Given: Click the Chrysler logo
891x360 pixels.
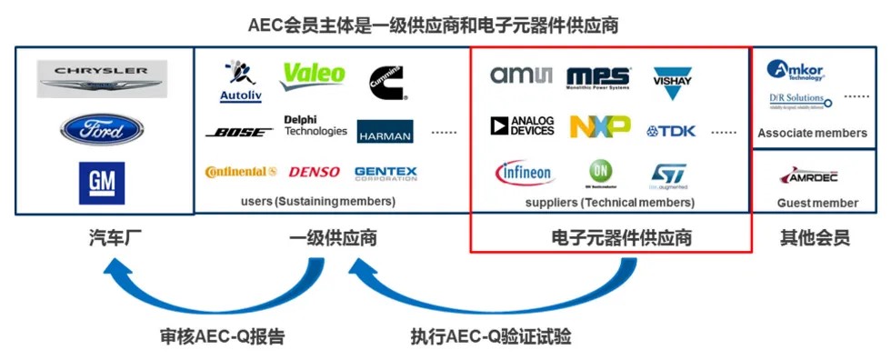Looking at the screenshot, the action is point(102,79).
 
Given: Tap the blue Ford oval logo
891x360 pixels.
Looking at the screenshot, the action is point(102,129).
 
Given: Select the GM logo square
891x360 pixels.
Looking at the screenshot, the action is point(101,183).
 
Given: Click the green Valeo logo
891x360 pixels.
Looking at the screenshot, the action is point(313,75).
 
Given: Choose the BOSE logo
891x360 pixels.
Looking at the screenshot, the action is point(240,132).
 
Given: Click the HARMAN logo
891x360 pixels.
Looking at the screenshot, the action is point(385,132).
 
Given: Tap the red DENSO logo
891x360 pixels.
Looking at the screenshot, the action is point(315,172).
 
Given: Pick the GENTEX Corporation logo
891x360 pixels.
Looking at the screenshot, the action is point(385,173).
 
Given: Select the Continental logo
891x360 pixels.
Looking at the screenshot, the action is point(241,172).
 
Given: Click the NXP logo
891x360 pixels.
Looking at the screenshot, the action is point(600,126).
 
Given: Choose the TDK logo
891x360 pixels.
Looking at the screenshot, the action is point(671,131).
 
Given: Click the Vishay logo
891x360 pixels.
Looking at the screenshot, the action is point(674,82).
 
